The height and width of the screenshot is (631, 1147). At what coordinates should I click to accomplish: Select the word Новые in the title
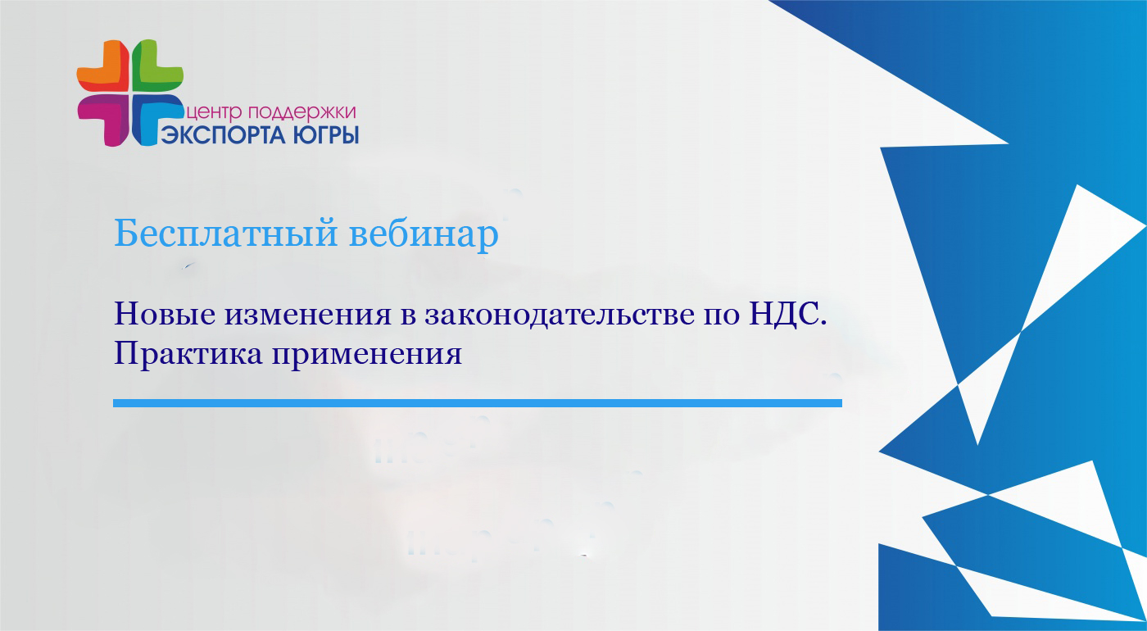165,314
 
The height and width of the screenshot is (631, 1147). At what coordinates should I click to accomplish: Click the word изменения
308,315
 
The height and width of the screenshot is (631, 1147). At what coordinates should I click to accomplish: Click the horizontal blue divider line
477,403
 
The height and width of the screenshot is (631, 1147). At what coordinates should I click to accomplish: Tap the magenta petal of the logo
102,120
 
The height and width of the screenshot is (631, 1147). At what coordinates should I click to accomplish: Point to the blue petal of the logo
156,119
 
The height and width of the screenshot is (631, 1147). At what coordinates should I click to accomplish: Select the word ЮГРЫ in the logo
326,134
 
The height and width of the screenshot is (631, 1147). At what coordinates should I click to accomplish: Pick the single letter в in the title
408,316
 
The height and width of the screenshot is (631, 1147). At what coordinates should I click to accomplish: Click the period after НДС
823,325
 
